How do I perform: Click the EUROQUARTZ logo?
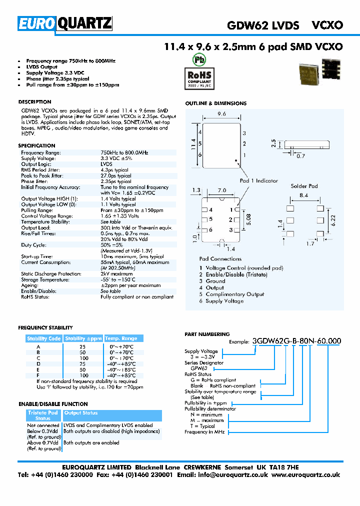pyautogui.click(x=65, y=23)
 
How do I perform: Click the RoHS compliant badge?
pyautogui.click(x=199, y=77)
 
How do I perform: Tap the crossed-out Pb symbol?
pyautogui.click(x=199, y=59)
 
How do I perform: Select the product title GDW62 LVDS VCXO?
pyautogui.click(x=284, y=25)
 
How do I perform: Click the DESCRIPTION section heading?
pyautogui.click(x=34, y=102)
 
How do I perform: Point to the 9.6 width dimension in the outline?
pyautogui.click(x=222, y=114)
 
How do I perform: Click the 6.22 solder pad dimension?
pyautogui.click(x=333, y=219)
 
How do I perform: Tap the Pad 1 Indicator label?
pyautogui.click(x=259, y=180)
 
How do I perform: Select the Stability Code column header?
pyautogui.click(x=44, y=338)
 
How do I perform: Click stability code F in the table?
pyautogui.click(x=38, y=375)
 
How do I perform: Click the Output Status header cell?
pyautogui.click(x=81, y=413)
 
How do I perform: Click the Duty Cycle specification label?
pyautogui.click(x=34, y=245)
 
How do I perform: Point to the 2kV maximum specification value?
pyautogui.click(x=116, y=274)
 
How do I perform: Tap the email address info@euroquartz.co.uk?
pyautogui.click(x=237, y=475)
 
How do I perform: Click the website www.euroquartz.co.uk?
pyautogui.click(x=306, y=475)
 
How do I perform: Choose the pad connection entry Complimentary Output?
pyautogui.click(x=235, y=294)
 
